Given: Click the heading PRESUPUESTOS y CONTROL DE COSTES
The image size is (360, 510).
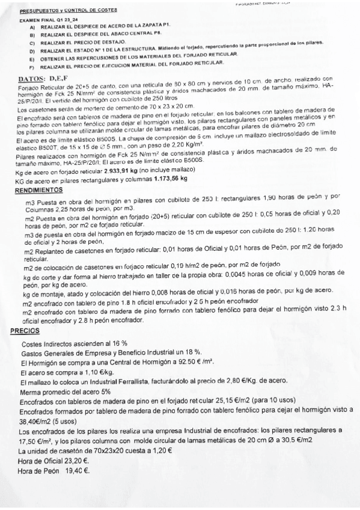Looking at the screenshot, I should [68, 11].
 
